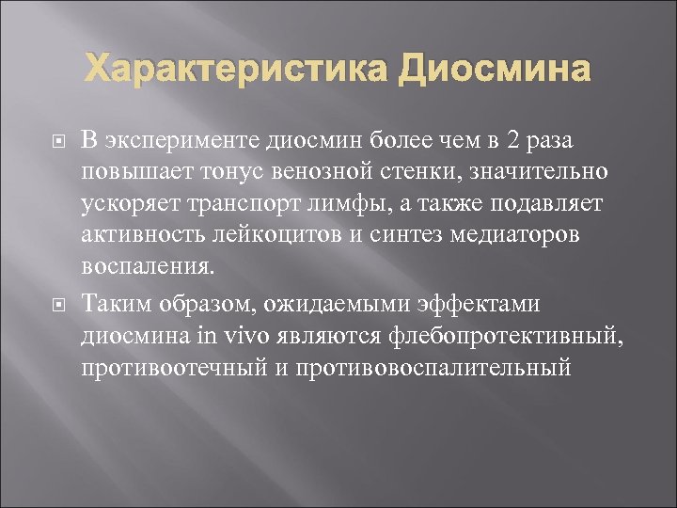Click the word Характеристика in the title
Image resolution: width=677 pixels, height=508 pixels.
pyautogui.click(x=235, y=70)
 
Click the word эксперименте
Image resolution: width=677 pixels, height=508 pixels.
pyautogui.click(x=182, y=140)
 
